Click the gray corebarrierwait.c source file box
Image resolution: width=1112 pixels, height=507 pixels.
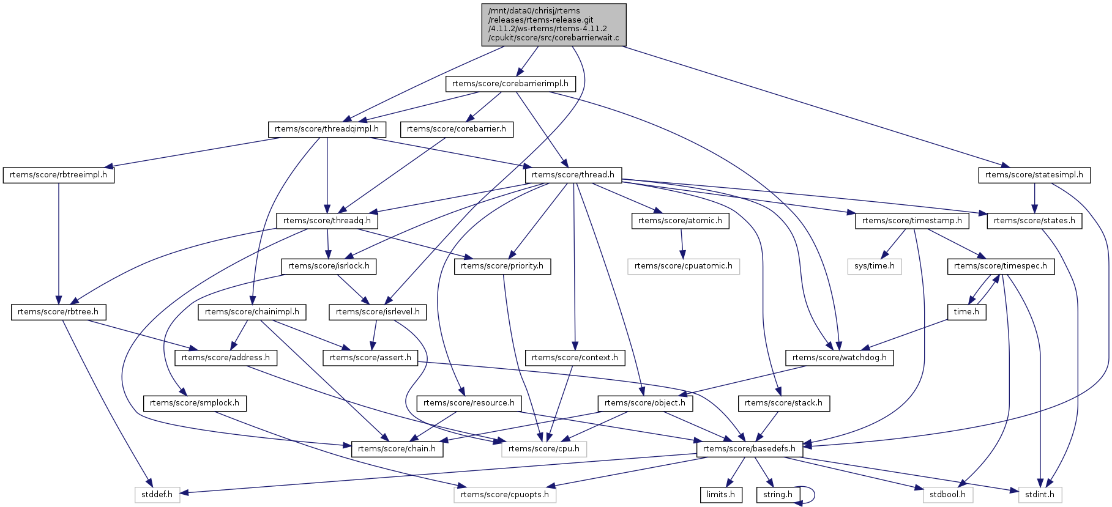554,24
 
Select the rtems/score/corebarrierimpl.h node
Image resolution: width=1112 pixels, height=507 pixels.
510,84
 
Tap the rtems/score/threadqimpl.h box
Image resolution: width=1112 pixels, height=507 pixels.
327,129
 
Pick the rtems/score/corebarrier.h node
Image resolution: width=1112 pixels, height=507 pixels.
457,129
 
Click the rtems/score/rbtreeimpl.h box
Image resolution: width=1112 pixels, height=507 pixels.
59,175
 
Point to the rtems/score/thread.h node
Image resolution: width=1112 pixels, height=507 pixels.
573,175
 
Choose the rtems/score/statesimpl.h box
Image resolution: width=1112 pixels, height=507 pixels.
1034,175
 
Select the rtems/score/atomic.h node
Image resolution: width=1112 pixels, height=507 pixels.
680,221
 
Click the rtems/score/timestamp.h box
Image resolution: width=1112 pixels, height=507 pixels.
912,221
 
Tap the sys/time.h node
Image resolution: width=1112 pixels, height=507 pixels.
875,266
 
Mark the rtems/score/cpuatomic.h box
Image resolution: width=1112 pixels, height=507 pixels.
684,266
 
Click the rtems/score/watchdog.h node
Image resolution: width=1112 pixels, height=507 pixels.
840,358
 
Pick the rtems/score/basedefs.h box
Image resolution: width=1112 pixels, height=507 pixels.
750,449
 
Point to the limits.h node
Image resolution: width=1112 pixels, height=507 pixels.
721,495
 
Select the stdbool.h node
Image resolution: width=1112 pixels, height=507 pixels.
948,495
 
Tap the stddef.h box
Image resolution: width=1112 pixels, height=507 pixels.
157,495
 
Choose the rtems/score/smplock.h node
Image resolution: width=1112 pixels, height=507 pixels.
195,403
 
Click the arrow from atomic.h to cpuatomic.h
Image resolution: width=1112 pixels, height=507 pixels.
682,243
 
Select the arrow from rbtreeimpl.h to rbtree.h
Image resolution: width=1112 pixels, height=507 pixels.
59,242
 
